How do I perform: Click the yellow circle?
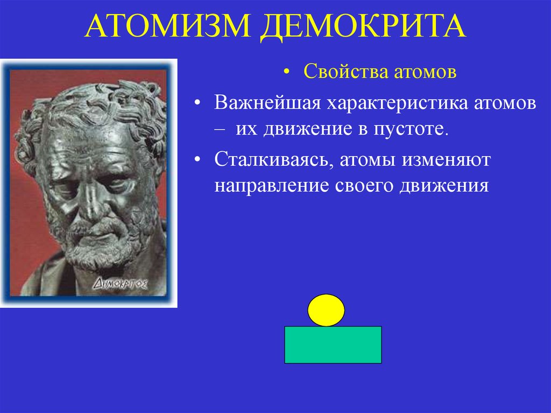326,310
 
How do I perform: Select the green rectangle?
333,345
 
